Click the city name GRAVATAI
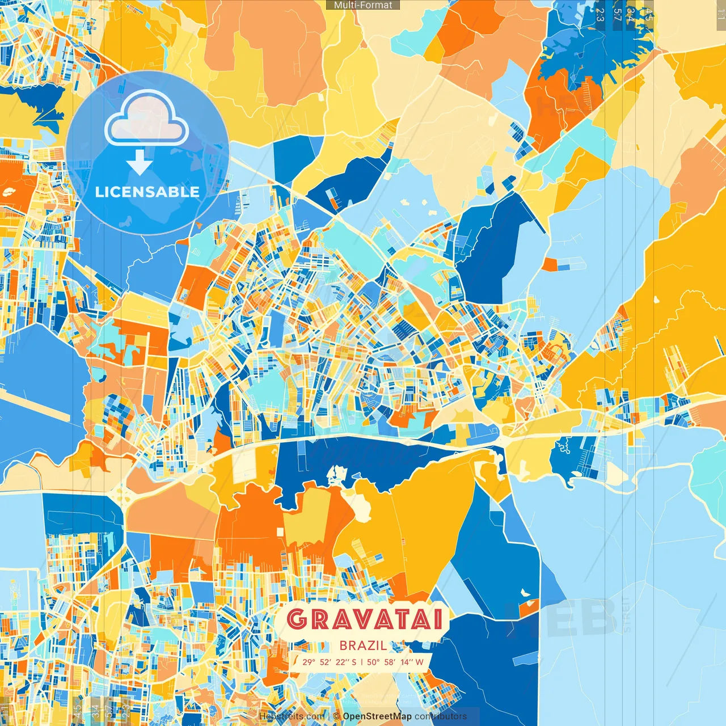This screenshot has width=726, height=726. click(364, 619)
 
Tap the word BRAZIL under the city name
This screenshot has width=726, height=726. click(364, 645)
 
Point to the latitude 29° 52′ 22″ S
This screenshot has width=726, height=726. click(329, 662)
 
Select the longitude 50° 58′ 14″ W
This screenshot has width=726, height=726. click(395, 662)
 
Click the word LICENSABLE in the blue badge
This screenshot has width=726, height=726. click(147, 192)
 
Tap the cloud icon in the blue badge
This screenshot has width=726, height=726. click(147, 117)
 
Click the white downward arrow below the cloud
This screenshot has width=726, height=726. click(140, 163)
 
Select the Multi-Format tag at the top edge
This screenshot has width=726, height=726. click(363, 5)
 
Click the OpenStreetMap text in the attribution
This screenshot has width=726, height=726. click(377, 716)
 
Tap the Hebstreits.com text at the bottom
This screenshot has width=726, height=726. click(292, 716)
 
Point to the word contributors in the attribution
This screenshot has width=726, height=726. click(441, 716)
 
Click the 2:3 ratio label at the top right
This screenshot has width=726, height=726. click(600, 15)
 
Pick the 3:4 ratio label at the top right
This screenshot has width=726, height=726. click(630, 15)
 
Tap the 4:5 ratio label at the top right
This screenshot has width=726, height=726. click(648, 15)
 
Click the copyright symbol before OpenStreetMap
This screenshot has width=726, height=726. click(336, 716)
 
